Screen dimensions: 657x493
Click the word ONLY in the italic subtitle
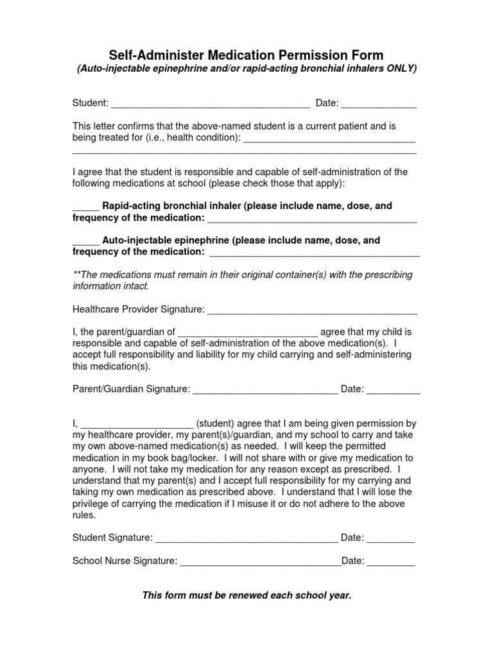click(399, 68)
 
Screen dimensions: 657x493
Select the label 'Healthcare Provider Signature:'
click(138, 310)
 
